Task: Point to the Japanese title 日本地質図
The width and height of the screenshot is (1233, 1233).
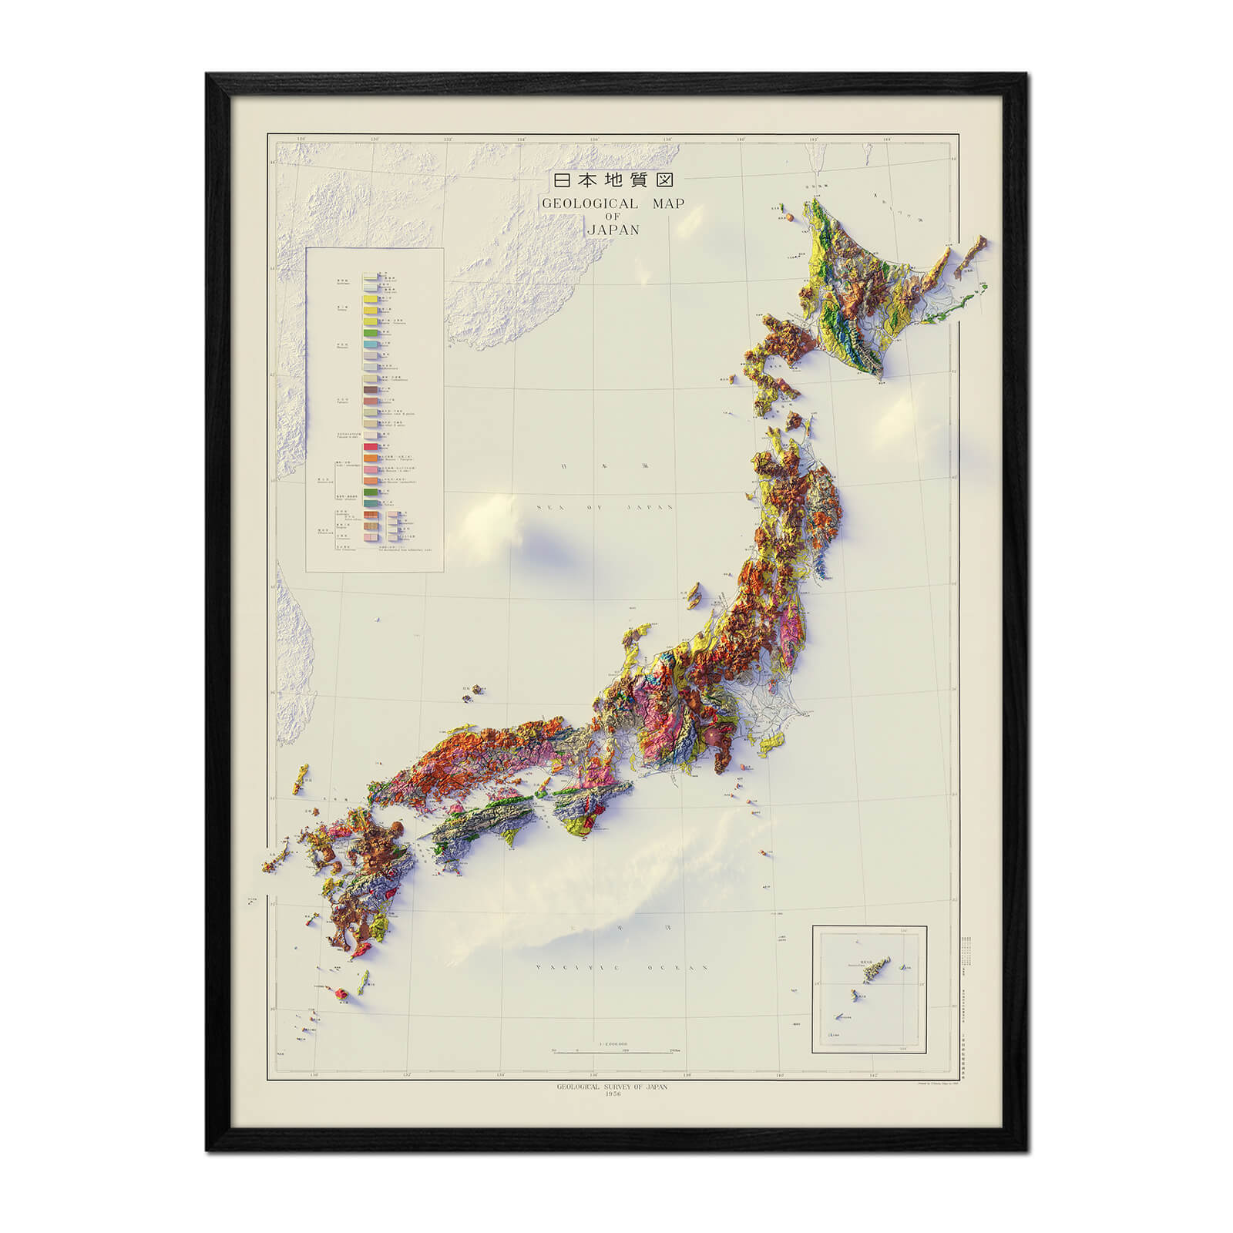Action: pos(614,180)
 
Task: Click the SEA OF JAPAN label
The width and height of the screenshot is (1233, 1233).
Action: pos(606,507)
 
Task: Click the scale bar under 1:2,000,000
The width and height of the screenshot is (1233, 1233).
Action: pos(614,1051)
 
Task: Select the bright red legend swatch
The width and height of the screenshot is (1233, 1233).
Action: pos(371,445)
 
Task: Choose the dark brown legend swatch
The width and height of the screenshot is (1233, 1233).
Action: pos(371,391)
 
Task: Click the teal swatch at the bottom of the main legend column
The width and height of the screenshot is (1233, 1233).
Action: pos(371,502)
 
